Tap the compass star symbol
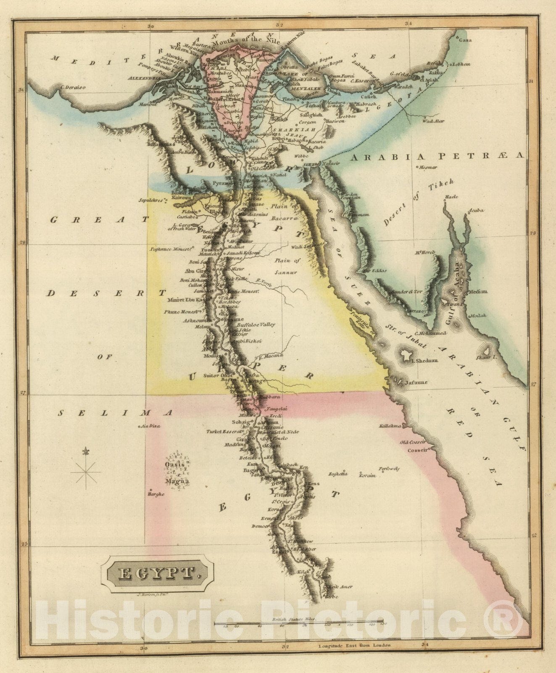pos(86,472)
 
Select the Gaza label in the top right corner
pos(465,40)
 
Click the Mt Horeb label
pos(425,252)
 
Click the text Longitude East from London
pos(354,645)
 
